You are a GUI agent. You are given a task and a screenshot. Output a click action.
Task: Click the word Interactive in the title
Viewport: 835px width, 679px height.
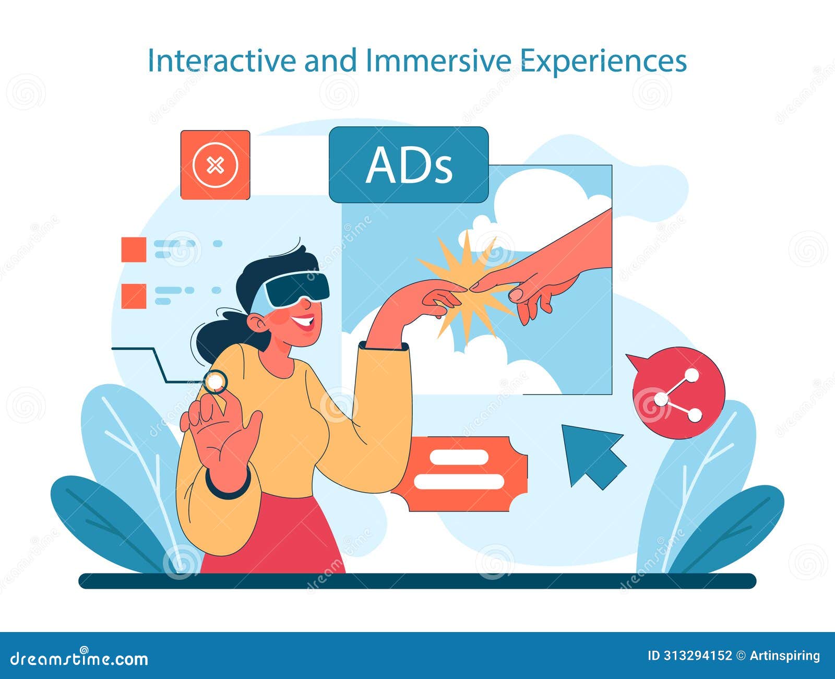click(221, 61)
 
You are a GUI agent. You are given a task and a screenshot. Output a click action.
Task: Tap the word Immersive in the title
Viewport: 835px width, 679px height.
click(438, 61)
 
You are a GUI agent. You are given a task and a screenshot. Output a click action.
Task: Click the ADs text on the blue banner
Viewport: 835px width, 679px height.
click(409, 165)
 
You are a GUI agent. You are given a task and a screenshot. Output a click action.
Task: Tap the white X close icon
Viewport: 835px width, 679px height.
click(215, 165)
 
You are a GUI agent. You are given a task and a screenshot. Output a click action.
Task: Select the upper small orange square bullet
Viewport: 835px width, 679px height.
click(134, 249)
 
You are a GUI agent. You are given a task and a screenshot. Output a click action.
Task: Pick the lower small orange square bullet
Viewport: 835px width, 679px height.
click(134, 296)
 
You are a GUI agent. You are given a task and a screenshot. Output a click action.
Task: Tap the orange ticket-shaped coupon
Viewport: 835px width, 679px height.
click(459, 473)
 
